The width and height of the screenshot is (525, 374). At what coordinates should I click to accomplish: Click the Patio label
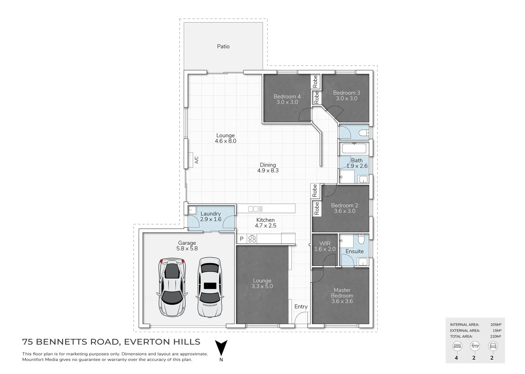(x=223, y=46)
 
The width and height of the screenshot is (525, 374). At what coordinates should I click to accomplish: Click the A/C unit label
(x=197, y=160)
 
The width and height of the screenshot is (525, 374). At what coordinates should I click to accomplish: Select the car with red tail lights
(x=172, y=287)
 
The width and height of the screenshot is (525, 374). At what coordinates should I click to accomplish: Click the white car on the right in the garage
(x=209, y=287)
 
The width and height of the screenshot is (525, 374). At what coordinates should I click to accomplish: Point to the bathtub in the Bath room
(x=354, y=149)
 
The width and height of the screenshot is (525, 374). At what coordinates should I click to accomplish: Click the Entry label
(x=301, y=306)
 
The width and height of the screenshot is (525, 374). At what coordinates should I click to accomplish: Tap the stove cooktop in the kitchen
(x=252, y=239)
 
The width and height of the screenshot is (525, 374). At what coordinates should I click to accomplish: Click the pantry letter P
(x=242, y=239)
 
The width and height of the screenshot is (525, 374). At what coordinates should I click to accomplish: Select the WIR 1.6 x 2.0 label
(x=325, y=246)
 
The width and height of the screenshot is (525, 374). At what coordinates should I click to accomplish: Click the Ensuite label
(x=354, y=251)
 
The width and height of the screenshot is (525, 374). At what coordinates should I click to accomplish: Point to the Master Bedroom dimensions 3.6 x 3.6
(x=342, y=301)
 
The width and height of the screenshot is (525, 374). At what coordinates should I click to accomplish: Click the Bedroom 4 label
(x=287, y=96)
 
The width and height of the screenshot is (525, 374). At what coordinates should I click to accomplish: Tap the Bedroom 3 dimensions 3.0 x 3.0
(x=346, y=98)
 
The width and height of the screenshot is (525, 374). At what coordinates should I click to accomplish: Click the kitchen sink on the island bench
(x=253, y=209)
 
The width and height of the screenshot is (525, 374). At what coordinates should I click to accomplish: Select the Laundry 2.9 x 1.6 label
(x=210, y=216)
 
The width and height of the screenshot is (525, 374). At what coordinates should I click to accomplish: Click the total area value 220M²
(x=496, y=336)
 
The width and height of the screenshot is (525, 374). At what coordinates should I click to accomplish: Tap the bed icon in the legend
(x=457, y=346)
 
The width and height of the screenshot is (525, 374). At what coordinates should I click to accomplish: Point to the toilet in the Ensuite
(x=361, y=240)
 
